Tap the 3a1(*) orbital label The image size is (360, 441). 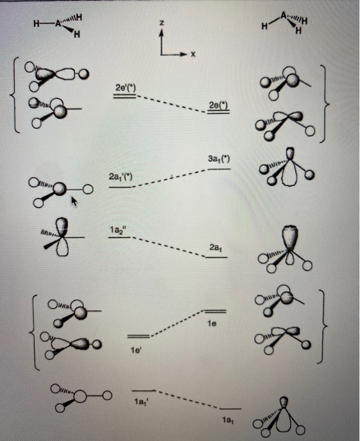point(218,161)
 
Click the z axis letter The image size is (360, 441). point(162,23)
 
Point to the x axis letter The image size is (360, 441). point(194,55)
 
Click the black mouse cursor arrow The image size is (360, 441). point(75,201)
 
